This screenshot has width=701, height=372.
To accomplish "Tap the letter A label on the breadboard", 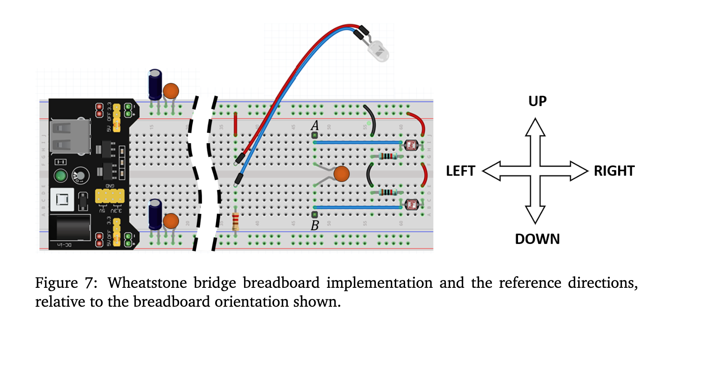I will [315, 125].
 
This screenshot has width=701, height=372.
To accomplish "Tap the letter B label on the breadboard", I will [315, 225].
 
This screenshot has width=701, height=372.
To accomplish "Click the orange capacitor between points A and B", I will [341, 174].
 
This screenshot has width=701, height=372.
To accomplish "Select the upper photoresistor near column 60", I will [411, 145].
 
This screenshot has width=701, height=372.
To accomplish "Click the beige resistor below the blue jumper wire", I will [235, 222].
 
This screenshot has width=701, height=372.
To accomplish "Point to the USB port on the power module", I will [70, 137].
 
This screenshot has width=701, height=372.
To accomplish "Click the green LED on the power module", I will [61, 176].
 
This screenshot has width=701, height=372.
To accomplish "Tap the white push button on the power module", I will [62, 200].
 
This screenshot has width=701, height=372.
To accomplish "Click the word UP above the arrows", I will [537, 101].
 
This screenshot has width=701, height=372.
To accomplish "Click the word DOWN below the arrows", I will [537, 239].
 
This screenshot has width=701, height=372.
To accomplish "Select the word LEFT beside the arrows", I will [460, 171].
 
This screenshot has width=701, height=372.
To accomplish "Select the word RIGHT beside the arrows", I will [614, 171].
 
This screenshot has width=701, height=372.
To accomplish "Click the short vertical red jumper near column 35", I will [235, 124].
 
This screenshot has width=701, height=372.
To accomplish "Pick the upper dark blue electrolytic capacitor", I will [155, 85].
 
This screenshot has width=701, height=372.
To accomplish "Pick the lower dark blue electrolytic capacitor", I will [155, 214].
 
